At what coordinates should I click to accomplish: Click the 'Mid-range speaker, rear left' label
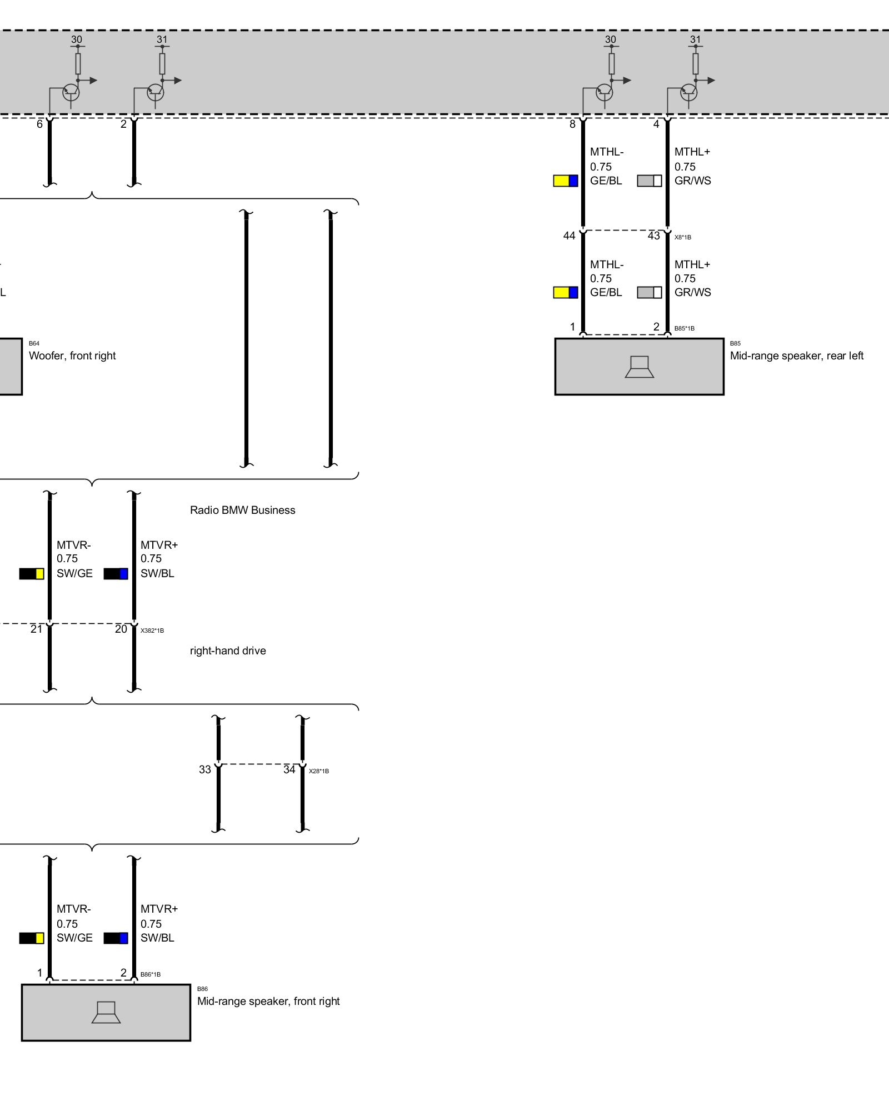[x=796, y=356]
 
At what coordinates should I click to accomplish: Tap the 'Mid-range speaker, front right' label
[x=268, y=1001]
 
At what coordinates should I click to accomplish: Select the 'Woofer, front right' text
[x=72, y=356]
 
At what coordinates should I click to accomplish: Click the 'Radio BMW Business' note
[x=242, y=510]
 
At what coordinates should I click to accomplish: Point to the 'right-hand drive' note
[x=228, y=650]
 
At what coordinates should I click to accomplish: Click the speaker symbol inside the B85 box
[x=639, y=367]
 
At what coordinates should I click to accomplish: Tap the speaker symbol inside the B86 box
[x=106, y=1012]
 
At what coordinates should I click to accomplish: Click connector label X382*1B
[x=152, y=630]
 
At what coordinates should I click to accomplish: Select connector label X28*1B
[x=318, y=771]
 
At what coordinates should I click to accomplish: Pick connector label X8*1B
[x=682, y=237]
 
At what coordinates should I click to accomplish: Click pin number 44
[x=569, y=236]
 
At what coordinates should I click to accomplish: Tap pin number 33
[x=205, y=769]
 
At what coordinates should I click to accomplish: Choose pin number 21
[x=36, y=629]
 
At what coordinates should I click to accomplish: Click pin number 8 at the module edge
[x=572, y=124]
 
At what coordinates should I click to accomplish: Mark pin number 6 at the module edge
[x=39, y=124]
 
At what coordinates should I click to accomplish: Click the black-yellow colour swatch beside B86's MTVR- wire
[x=32, y=938]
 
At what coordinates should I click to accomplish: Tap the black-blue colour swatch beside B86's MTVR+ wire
[x=116, y=938]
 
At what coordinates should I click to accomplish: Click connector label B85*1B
[x=684, y=328]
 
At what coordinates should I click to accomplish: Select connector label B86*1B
[x=150, y=974]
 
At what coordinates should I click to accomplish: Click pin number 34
[x=289, y=769]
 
